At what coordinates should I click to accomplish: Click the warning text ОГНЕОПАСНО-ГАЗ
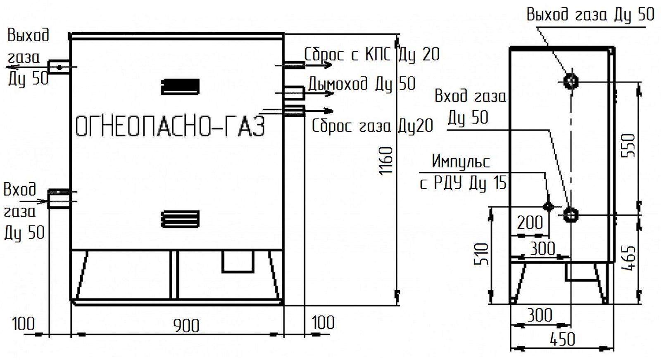[x=170, y=126]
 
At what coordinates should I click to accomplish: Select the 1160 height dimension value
[x=386, y=161]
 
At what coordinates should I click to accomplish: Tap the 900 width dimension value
[x=186, y=326]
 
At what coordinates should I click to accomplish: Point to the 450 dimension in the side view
[x=562, y=340]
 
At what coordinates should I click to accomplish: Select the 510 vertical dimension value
[x=482, y=254]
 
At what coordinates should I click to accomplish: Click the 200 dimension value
[x=530, y=223]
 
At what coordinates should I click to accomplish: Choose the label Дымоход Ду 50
[x=362, y=84]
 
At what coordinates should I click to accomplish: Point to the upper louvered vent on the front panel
[x=180, y=87]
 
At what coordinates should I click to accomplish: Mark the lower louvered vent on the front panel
[x=180, y=219]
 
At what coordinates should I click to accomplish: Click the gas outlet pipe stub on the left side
[x=59, y=67]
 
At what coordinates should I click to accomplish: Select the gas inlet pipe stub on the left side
[x=59, y=199]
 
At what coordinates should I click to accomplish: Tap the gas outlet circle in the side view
[x=571, y=81]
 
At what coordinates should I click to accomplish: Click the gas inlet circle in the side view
[x=571, y=215]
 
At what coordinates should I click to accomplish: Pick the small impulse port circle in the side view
[x=548, y=207]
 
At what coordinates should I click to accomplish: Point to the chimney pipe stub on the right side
[x=294, y=92]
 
